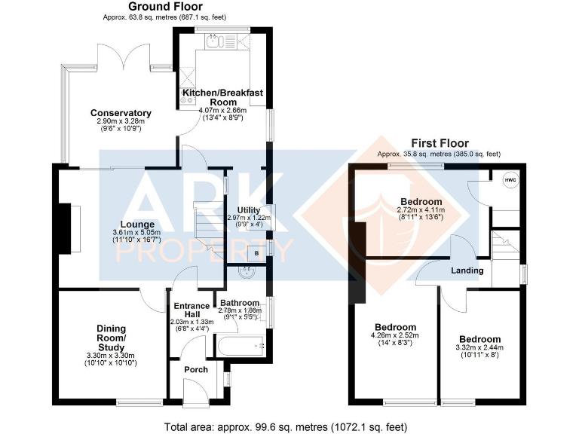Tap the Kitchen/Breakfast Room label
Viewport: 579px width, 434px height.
coord(222,97)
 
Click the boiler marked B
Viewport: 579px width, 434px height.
coord(257,254)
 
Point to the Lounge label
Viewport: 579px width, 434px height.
coord(136,224)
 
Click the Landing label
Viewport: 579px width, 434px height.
coord(467,270)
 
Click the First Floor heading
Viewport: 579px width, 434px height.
coord(439,143)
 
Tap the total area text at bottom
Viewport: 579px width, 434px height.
coord(285,426)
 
